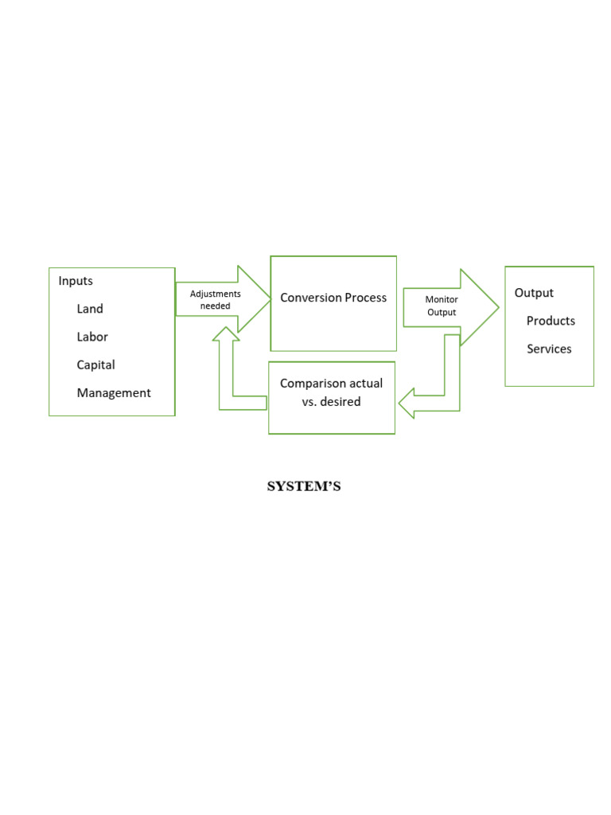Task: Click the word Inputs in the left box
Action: [x=76, y=281]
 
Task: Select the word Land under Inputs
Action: [x=90, y=309]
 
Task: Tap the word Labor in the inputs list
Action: [x=92, y=337]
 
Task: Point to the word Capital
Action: [x=95, y=365]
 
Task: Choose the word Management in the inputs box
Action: [x=114, y=392]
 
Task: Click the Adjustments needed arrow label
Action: [x=215, y=300]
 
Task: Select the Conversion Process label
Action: [x=333, y=298]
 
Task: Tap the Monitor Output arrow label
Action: [x=442, y=306]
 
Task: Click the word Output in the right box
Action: [x=534, y=293]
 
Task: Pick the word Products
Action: [x=551, y=321]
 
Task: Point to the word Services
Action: [x=549, y=349]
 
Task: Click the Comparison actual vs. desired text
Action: [x=331, y=392]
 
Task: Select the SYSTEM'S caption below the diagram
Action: [x=304, y=487]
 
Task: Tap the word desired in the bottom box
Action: [x=341, y=402]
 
